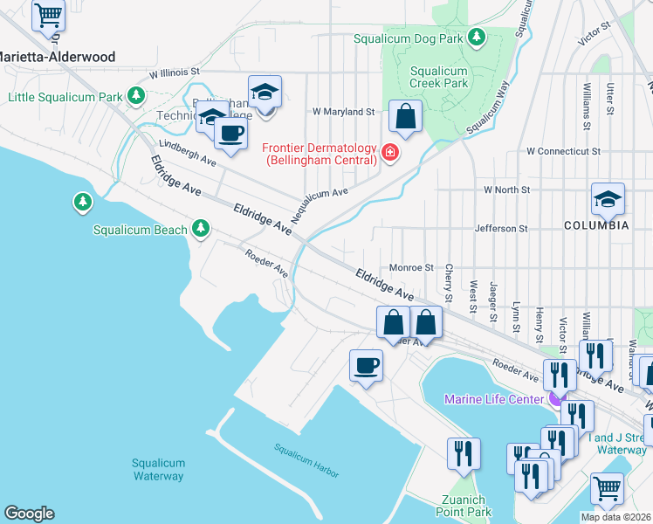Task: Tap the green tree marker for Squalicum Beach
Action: [202, 229]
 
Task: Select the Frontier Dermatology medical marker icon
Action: [389, 155]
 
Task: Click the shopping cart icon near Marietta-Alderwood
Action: [49, 14]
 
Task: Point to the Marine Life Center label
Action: [497, 400]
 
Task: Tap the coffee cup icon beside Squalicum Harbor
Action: [366, 365]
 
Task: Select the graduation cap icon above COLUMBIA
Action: [608, 199]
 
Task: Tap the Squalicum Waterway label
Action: [158, 470]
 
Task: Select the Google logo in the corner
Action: [29, 514]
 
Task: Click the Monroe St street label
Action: [411, 267]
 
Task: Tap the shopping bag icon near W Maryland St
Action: [406, 115]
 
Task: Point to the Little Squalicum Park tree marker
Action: [135, 94]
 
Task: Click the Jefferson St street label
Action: [501, 229]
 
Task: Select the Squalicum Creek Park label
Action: [439, 77]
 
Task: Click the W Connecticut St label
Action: [563, 152]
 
